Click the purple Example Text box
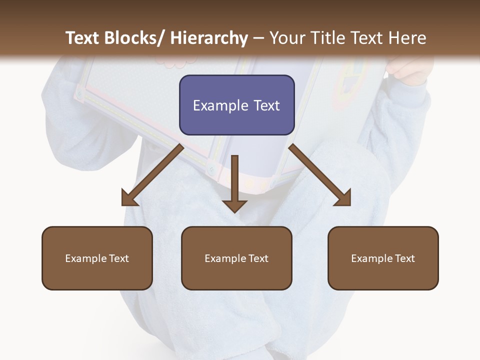(236, 105)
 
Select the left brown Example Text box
(97, 258)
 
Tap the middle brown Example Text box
(236, 258)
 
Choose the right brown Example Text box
(383, 258)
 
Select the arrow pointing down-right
(320, 175)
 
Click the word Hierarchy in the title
(209, 38)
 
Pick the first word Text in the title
(82, 38)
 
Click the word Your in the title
(288, 38)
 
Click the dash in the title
(258, 38)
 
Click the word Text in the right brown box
(405, 258)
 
